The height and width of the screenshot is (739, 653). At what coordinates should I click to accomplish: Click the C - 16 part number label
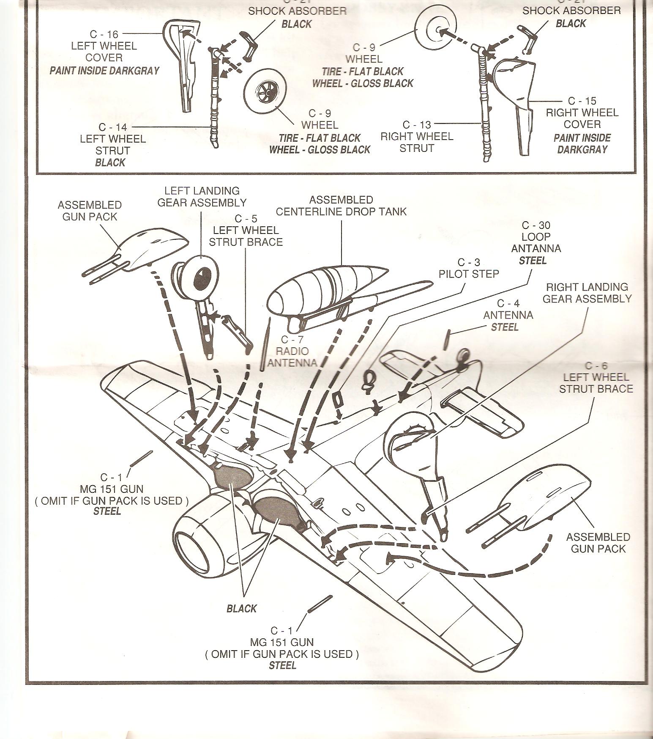pyautogui.click(x=104, y=34)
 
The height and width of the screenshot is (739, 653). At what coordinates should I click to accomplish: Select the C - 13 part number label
pyautogui.click(x=417, y=125)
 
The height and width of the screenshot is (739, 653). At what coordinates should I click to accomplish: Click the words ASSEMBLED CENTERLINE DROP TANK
pyautogui.click(x=341, y=206)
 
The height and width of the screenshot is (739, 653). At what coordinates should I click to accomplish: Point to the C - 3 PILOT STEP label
pyautogui.click(x=469, y=268)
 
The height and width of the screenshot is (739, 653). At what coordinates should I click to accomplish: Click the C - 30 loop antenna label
pyautogui.click(x=536, y=242)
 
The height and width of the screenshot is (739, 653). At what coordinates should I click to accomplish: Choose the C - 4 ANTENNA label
pyautogui.click(x=508, y=315)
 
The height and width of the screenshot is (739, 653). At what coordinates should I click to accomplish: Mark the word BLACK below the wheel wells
pyautogui.click(x=241, y=609)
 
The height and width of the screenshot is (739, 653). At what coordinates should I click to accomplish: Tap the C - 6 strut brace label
pyautogui.click(x=596, y=377)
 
